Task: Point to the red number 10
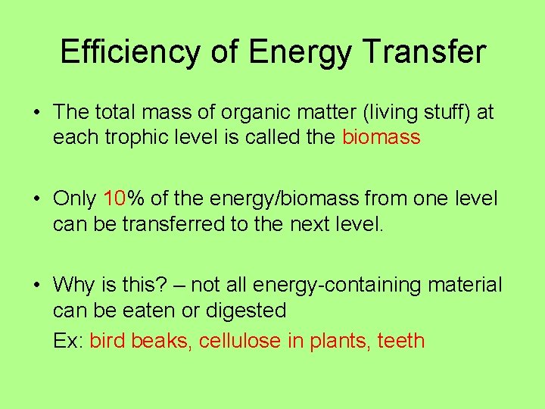point(114,199)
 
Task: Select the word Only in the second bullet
point(74,199)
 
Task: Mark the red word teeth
point(400,341)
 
